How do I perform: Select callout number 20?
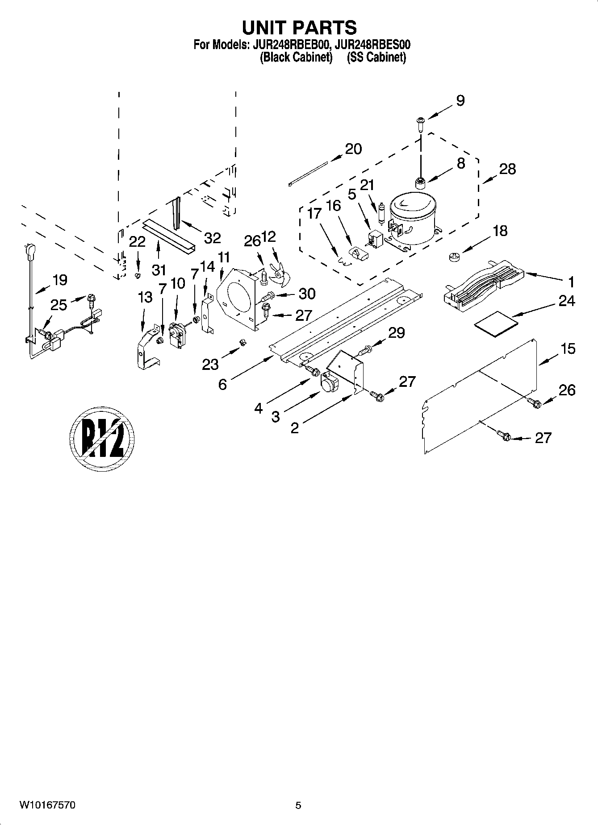[353, 149]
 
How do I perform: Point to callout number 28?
[507, 169]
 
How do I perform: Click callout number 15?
[568, 348]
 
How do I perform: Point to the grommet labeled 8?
[420, 183]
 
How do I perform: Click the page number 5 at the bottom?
[298, 805]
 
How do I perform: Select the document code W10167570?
[47, 805]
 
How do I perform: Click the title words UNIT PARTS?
[299, 27]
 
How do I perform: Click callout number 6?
[222, 384]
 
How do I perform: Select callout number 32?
[212, 238]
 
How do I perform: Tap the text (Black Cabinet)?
[296, 57]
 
